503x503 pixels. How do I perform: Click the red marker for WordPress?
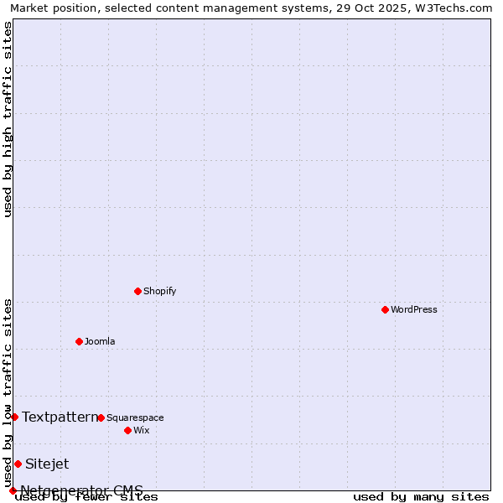[x=385, y=309]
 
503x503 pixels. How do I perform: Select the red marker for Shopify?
[x=137, y=291]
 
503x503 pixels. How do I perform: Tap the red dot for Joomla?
[x=79, y=341]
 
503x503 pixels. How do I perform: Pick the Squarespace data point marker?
[x=101, y=417]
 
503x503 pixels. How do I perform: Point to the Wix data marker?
[x=127, y=430]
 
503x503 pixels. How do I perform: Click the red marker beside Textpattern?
[x=14, y=417]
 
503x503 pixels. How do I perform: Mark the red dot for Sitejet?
[x=18, y=464]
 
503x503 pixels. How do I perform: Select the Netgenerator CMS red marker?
[x=13, y=490]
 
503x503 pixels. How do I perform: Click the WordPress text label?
[x=414, y=309]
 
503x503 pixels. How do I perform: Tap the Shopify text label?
[x=159, y=291]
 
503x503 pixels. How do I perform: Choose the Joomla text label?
[x=100, y=341]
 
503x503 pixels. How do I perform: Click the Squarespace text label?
[x=135, y=417]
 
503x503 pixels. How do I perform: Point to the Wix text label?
[x=141, y=430]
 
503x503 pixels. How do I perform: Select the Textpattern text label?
[x=60, y=417]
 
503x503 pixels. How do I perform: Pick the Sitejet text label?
[x=47, y=464]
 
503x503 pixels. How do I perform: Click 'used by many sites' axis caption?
[x=421, y=497]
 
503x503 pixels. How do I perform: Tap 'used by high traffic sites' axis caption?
[x=8, y=119]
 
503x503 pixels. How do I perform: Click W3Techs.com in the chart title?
[x=456, y=8]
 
